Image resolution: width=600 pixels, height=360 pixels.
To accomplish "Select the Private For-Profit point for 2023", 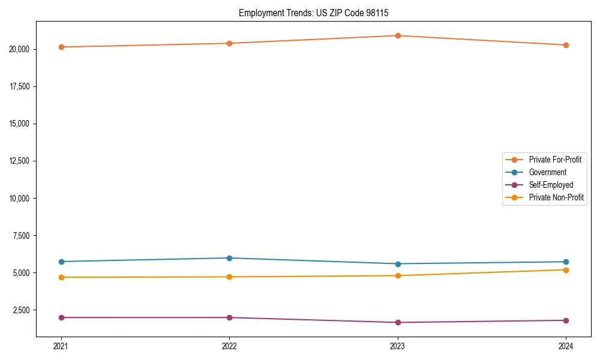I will click(x=398, y=35).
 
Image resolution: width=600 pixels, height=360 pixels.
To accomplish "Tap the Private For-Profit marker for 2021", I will click(x=61, y=47).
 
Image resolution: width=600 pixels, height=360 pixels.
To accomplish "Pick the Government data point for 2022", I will click(x=229, y=258).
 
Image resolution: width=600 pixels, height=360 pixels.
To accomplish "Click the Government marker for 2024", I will click(x=566, y=262).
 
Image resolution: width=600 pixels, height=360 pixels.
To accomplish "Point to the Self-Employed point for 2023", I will click(x=398, y=323).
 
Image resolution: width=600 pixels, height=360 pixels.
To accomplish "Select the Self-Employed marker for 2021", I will click(x=61, y=317).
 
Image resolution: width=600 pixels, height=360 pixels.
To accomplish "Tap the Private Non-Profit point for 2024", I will click(x=566, y=270).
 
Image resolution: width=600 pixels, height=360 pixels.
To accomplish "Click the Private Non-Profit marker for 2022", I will click(x=229, y=277).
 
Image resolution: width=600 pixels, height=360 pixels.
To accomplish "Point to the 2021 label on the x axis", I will click(x=61, y=346).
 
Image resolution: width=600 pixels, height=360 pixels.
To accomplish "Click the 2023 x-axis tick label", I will click(x=398, y=346).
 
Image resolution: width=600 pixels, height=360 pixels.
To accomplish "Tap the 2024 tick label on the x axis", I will click(x=566, y=346).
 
